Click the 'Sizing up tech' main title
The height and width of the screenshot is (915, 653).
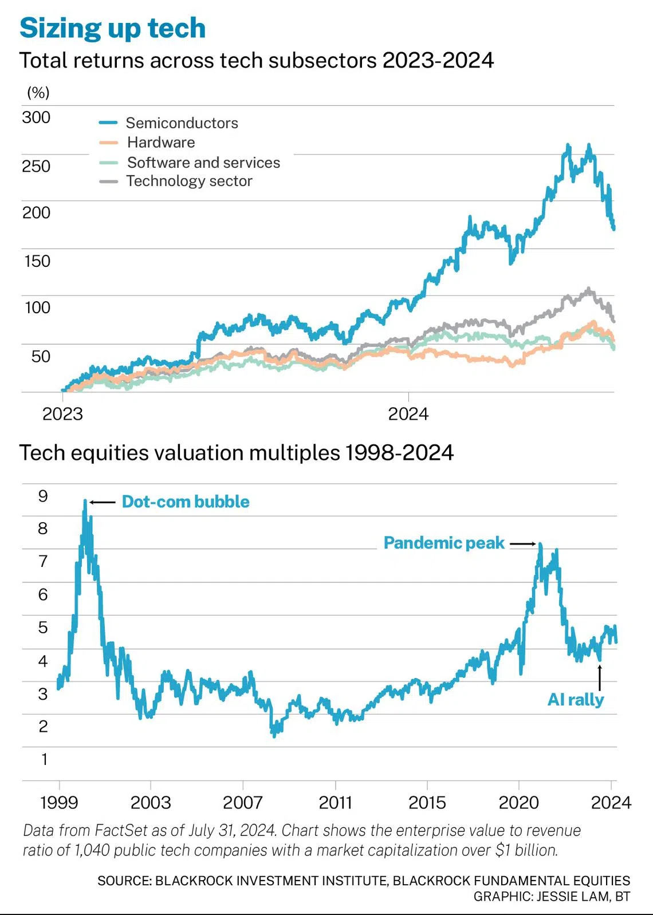point(112,28)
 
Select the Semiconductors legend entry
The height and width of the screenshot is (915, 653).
point(182,123)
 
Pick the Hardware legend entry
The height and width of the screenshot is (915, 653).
point(161,143)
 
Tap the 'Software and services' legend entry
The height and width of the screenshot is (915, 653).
point(203,163)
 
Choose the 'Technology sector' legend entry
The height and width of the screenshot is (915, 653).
point(189,181)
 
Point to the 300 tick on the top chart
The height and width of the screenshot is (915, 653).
point(36,117)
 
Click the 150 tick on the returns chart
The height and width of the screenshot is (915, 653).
point(37,261)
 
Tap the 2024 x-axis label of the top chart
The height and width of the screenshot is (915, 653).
point(408,414)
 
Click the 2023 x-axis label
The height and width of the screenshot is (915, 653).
point(62,414)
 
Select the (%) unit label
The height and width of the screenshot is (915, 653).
point(38,92)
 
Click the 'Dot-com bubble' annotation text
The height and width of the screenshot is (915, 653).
point(186,502)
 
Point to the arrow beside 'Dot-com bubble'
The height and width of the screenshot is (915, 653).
point(103,502)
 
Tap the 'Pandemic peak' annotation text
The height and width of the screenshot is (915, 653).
point(444,543)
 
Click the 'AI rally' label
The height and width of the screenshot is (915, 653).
point(576,700)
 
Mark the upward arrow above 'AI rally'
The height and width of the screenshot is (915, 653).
point(600,677)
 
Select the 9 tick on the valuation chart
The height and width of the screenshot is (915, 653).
point(43,496)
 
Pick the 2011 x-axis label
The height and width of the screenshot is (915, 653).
point(335,803)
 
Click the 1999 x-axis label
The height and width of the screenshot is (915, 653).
point(59,803)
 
